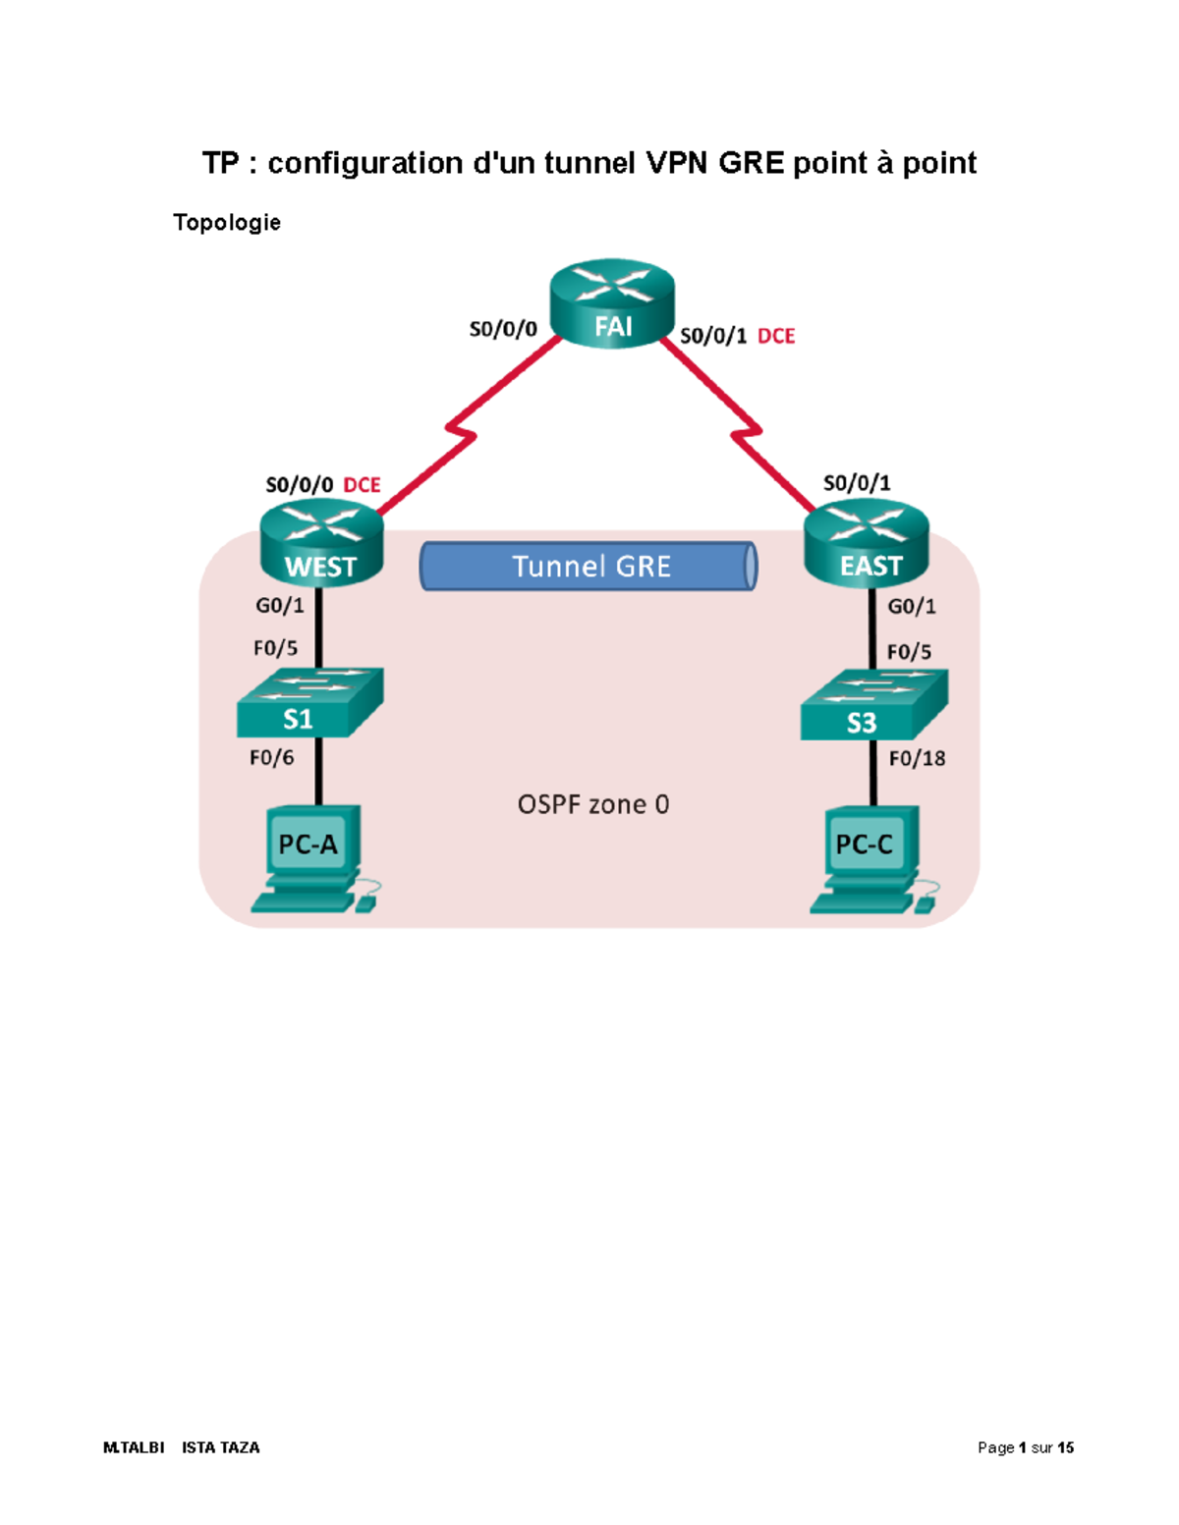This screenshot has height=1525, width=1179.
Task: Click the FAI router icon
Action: point(612,303)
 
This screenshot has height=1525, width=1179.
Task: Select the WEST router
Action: point(321,543)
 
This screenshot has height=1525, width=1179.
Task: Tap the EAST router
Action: point(866,543)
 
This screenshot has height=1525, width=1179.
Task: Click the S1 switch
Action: point(309,703)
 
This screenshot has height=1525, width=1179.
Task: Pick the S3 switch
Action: point(872,706)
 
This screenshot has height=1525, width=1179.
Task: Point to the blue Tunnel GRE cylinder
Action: point(589,567)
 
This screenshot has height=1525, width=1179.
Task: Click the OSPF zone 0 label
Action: point(593,805)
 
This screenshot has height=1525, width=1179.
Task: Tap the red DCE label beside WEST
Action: point(362,485)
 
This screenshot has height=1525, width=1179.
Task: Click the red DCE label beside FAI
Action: point(776,336)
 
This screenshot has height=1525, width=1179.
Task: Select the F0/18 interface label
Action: point(917,758)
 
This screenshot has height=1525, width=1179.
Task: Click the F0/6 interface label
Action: point(272,757)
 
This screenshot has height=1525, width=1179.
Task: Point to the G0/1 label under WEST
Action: point(280,606)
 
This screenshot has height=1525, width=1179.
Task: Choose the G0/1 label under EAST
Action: point(912,607)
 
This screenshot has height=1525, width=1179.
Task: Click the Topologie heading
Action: point(227,223)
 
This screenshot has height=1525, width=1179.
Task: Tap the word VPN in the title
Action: point(678,163)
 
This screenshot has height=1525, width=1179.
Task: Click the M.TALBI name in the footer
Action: point(134,1447)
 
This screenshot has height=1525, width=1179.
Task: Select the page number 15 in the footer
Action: point(1066,1447)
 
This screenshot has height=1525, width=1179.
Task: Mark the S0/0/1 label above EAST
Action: point(857,483)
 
